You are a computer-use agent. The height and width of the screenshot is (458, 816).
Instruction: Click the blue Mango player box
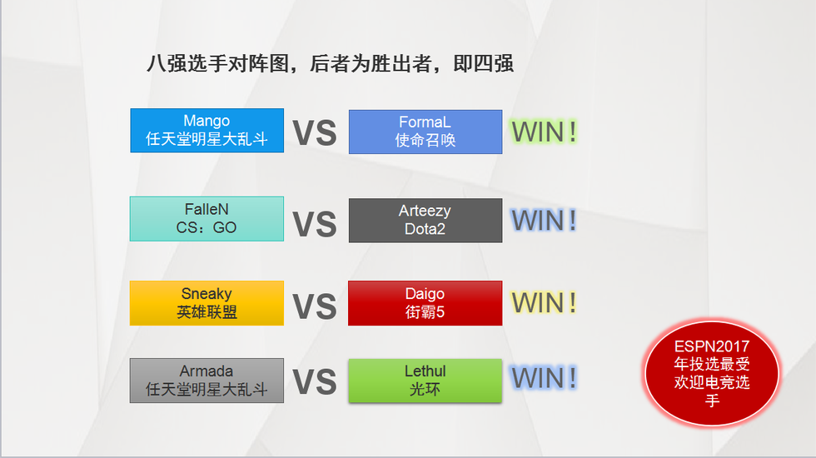[x=206, y=130]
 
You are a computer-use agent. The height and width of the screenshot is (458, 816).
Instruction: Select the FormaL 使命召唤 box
[x=425, y=132]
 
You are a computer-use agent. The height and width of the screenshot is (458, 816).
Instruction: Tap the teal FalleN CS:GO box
[x=206, y=218]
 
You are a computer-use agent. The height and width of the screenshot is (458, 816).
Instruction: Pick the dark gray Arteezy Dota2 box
[x=425, y=220]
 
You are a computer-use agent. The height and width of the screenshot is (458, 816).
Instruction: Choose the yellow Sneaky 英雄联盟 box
[x=206, y=303]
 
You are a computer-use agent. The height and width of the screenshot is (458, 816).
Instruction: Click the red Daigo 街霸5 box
[x=425, y=303]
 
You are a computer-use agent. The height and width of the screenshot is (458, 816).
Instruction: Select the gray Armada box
[x=206, y=381]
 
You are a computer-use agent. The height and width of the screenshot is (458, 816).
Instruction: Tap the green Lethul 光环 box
[x=425, y=381]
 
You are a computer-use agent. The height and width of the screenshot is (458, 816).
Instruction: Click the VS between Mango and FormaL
[x=315, y=132]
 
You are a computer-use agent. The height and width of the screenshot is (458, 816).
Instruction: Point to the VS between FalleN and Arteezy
[x=315, y=224]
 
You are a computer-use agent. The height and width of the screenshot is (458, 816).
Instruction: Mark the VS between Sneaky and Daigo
[x=315, y=306]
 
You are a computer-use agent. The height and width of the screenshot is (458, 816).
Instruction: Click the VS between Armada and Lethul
[x=315, y=382]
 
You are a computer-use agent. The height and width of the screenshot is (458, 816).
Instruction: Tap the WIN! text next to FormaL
[x=544, y=132]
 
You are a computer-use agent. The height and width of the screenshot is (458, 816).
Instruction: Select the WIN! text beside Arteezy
[x=544, y=220]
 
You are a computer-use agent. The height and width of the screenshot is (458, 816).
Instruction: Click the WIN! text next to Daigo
[x=544, y=302]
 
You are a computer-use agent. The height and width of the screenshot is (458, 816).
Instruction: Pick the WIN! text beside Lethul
[x=544, y=378]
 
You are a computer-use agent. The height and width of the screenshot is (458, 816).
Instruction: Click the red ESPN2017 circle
[x=711, y=373]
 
